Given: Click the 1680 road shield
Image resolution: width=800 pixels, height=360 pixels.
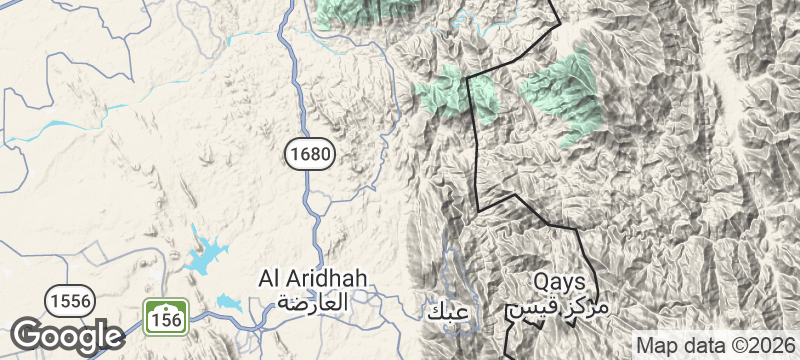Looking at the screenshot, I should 308,153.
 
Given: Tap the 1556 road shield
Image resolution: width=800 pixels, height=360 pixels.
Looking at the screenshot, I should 69,299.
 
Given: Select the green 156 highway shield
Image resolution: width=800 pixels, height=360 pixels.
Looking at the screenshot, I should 165,316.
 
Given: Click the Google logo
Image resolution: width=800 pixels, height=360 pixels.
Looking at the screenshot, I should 67,335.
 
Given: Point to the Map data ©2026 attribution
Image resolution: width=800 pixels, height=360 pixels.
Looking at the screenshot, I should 715,345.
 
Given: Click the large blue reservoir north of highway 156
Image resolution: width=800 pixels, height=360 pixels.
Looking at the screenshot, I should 206,255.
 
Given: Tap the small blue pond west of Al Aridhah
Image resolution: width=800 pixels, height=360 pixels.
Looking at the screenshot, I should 229,301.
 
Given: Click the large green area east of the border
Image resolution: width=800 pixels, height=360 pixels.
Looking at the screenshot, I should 562,95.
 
